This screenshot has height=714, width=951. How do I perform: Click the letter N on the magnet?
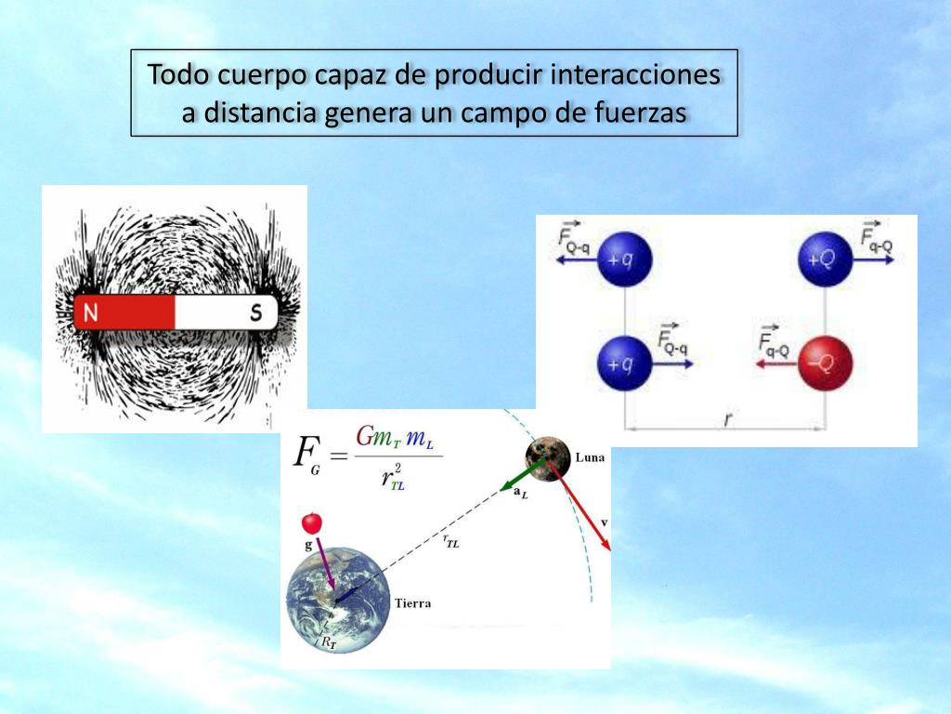point(90,313)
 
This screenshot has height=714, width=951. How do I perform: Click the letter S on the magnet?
point(255,313)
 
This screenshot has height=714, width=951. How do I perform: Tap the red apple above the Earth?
point(311,522)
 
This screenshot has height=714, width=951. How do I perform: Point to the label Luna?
point(591,456)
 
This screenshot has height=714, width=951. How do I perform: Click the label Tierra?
point(412,603)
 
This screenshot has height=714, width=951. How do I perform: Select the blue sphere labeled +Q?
point(826,259)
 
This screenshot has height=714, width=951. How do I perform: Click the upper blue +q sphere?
point(624,259)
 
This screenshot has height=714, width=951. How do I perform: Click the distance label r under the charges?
point(726,420)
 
